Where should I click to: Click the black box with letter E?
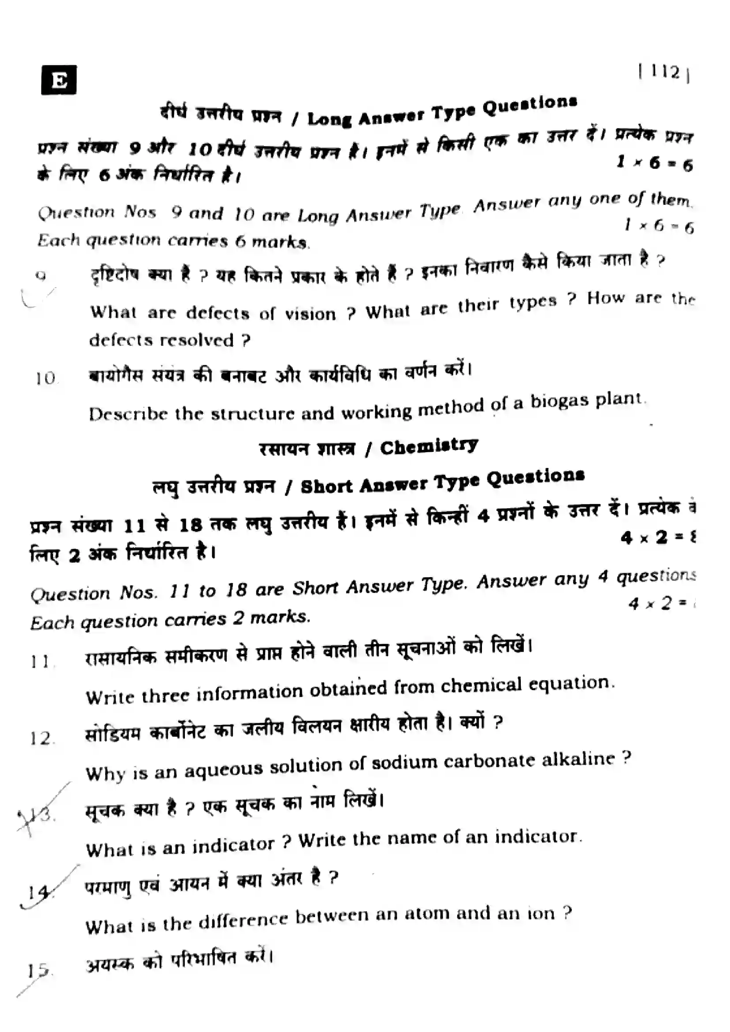point(58,80)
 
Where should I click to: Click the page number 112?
point(664,72)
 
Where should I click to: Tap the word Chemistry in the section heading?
point(429,446)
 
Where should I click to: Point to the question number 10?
point(46,379)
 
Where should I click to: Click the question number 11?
point(41,662)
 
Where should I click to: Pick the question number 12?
point(41,739)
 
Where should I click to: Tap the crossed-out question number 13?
point(41,814)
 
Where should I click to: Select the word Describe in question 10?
point(128,413)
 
